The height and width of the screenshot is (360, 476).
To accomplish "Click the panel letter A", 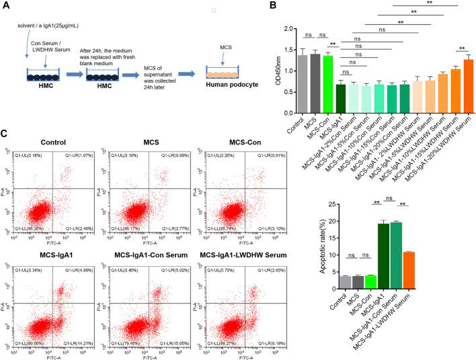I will [x=6, y=7].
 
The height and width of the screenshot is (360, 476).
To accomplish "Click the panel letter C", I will [x=6, y=134].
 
